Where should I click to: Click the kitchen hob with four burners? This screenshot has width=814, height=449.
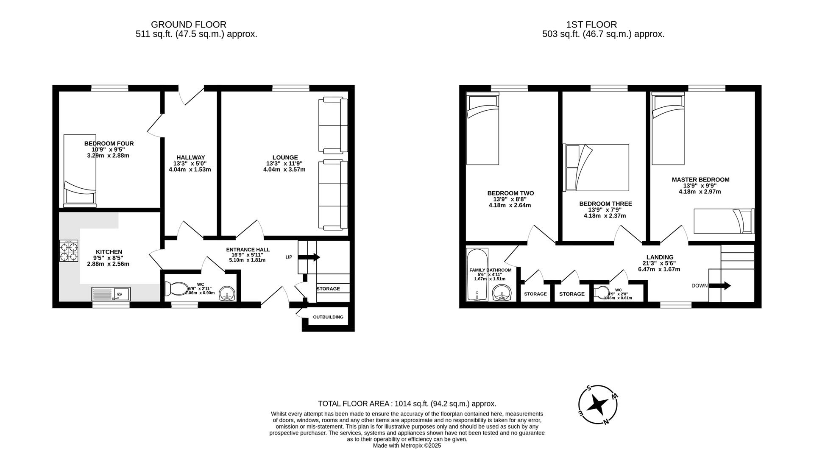coord(69,251)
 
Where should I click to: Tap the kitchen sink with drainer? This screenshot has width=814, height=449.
coord(111,293)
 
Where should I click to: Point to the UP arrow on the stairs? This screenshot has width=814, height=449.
coord(309,257)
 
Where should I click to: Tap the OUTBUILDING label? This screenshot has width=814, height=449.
coord(328,317)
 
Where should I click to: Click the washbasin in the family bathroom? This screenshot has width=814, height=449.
coord(503,293)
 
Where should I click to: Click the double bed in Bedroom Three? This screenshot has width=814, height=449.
coord(596,167)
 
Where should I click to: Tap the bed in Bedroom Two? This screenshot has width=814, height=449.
coord(482,129)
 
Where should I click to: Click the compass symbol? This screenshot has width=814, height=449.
coord(598,404)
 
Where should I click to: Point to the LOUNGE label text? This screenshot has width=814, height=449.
coord(285,157)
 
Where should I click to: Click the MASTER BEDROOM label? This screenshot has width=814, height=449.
coord(700,180)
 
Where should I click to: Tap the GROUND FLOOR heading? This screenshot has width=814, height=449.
coord(188,25)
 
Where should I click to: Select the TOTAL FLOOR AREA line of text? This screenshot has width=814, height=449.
coord(407,404)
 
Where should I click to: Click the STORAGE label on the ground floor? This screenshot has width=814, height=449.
coord(328,289)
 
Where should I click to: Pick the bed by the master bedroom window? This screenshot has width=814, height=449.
coord(668,129)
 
